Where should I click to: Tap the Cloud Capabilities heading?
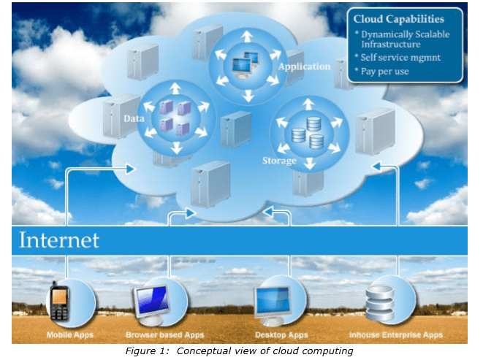(x=399, y=18)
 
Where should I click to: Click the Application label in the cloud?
(x=305, y=66)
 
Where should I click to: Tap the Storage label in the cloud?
(x=278, y=161)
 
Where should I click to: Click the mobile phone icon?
(x=58, y=302)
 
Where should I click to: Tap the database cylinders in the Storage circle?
(x=307, y=132)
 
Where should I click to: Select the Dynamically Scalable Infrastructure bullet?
(x=403, y=39)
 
